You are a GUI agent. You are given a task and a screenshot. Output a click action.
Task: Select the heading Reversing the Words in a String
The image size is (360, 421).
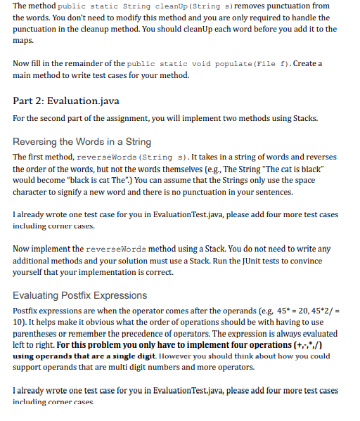[82, 141]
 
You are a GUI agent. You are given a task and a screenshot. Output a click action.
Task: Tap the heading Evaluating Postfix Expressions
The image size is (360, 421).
[80, 295]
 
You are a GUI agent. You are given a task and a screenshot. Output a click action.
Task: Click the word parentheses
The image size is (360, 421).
[37, 334]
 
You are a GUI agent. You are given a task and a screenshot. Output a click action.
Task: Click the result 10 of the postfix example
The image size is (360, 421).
[18, 322]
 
